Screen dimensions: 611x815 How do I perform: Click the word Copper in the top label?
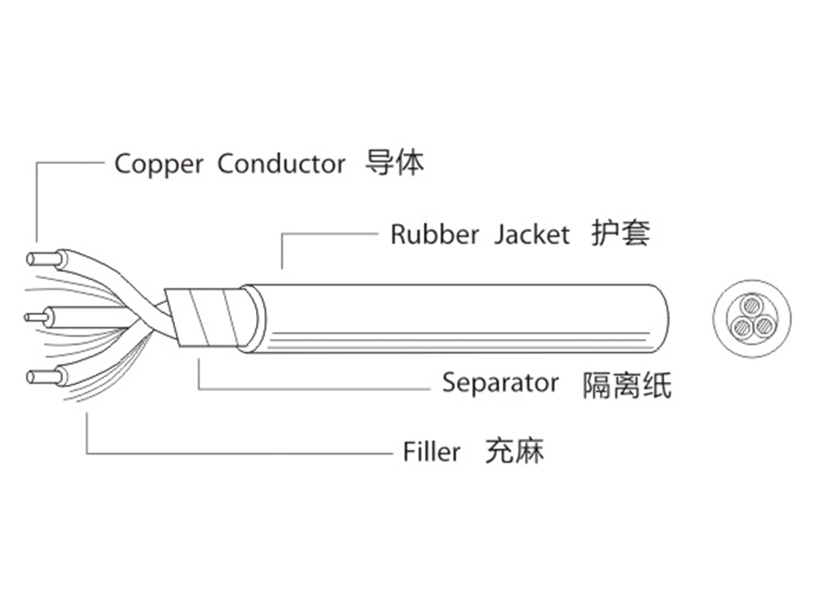pyautogui.click(x=158, y=164)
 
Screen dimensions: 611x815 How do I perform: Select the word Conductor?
pyautogui.click(x=281, y=164)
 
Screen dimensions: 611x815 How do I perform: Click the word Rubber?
pyautogui.click(x=434, y=235)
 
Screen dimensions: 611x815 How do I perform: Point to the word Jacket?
pyautogui.click(x=531, y=235)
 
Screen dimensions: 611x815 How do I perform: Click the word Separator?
pyautogui.click(x=500, y=382)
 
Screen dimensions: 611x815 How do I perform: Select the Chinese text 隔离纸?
pyautogui.click(x=627, y=384)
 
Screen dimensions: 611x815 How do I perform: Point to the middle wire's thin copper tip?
pyautogui.click(x=35, y=317)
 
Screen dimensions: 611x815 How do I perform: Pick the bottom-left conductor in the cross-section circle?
pyautogui.click(x=742, y=327)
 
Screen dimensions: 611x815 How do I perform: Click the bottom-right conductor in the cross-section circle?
pyautogui.click(x=763, y=327)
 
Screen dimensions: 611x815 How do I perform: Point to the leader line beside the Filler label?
pyautogui.click(x=244, y=452)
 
